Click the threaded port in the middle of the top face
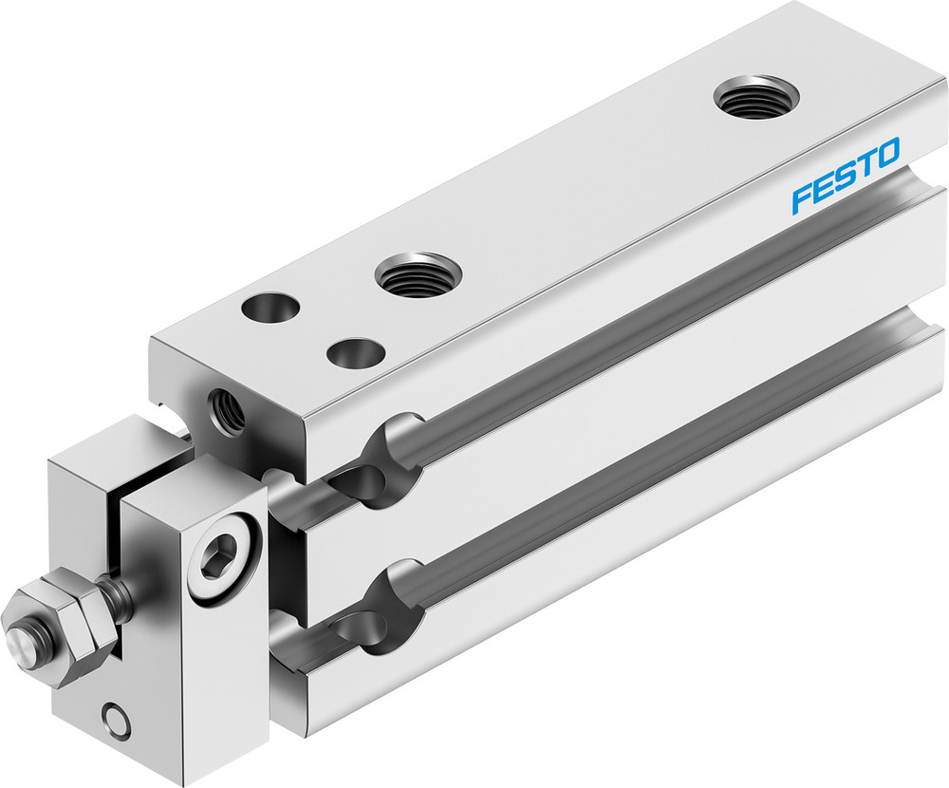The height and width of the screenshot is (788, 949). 418,274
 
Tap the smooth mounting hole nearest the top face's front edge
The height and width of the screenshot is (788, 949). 354,354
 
